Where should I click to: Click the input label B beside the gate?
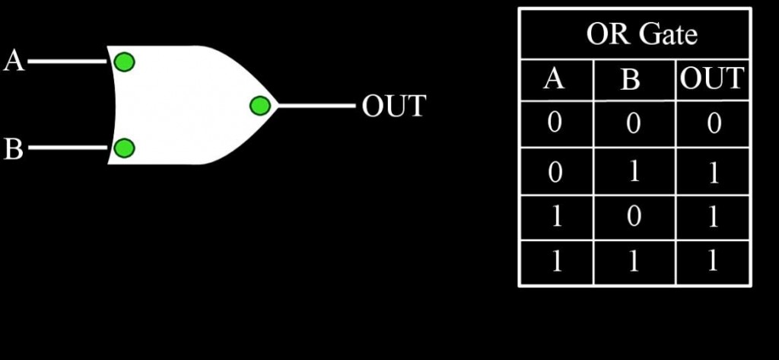coord(14,148)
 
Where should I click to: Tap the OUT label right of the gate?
coord(393,107)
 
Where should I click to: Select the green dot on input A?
coord(123,61)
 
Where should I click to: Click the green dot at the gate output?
coord(259,105)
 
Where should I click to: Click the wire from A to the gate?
coord(68,62)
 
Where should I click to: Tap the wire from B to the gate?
coord(68,148)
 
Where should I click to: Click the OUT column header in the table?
coord(712,78)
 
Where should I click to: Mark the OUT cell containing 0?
coord(713,123)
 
